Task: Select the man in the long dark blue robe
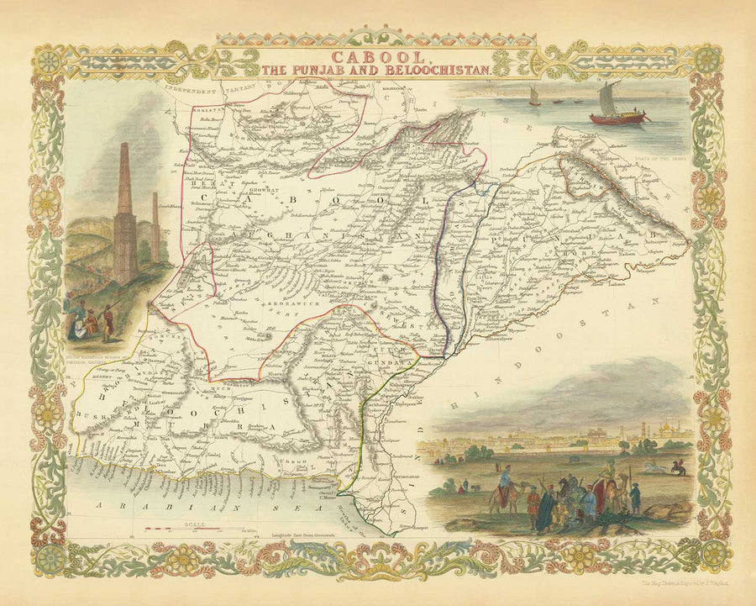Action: pyautogui.click(x=547, y=509)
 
